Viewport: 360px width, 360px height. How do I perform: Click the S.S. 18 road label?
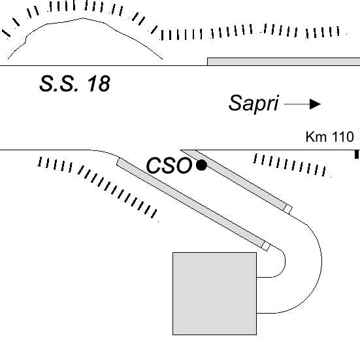tap(75, 84)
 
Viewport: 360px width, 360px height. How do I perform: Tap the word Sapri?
tap(254, 103)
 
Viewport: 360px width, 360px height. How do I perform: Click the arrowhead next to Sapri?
tap(315, 104)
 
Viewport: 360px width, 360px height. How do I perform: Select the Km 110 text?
tap(330, 137)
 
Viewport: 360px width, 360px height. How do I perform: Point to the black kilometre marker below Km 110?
tap(357, 154)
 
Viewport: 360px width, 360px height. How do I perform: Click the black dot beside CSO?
tap(201, 165)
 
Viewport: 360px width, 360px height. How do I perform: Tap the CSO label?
tap(169, 165)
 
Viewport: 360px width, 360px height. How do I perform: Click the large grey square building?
tap(215, 293)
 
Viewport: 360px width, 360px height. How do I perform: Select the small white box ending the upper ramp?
tap(288, 209)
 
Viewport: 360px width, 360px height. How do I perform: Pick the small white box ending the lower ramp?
tap(266, 246)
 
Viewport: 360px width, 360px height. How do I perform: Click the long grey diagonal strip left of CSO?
tap(190, 203)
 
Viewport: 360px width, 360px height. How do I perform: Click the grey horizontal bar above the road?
tap(284, 61)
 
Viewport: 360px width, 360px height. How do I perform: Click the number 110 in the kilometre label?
tap(343, 137)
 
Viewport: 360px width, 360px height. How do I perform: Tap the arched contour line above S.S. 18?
tap(83, 18)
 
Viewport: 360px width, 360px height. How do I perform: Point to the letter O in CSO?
tap(183, 165)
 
